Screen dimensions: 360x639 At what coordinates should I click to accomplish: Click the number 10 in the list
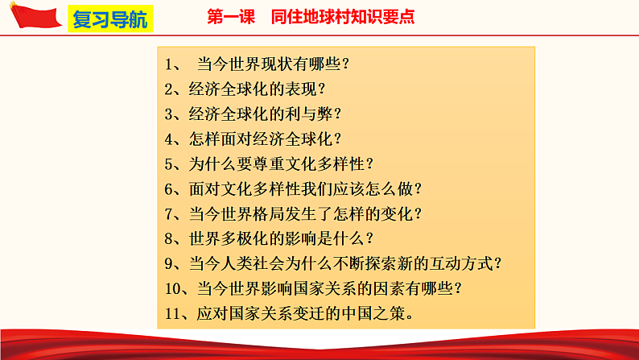174,288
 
